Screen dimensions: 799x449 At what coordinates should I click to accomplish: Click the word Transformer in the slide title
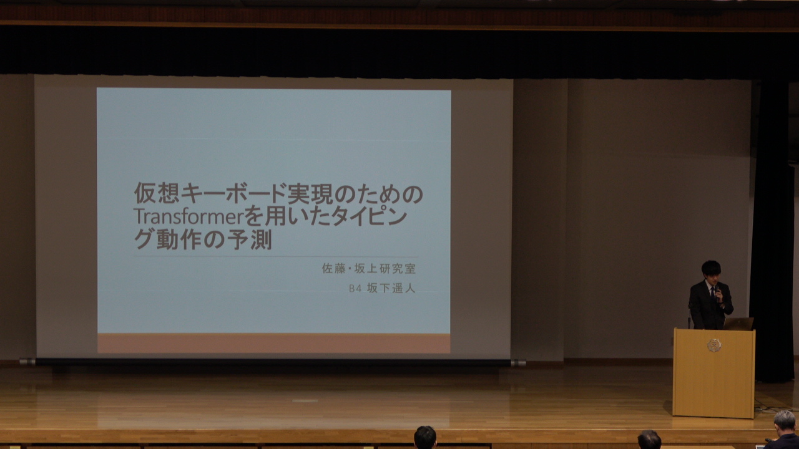pos(189,216)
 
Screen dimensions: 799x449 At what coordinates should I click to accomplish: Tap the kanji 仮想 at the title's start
pos(157,193)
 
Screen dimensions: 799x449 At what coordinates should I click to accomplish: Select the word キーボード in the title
pos(234,193)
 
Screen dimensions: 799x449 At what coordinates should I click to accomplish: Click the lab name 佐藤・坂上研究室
pos(369,268)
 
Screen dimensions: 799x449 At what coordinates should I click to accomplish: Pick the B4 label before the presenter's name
pos(355,288)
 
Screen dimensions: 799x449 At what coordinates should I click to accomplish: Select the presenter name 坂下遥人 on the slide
pos(391,288)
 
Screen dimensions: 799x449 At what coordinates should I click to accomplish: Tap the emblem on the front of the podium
pos(714,345)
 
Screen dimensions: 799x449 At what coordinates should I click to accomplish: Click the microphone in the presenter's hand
pos(717,292)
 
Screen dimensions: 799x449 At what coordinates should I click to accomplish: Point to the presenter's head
pos(711,272)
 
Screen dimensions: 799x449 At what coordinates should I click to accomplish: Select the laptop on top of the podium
pos(738,324)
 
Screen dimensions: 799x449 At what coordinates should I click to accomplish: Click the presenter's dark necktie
pos(713,294)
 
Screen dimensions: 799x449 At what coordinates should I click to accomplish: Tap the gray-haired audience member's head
pos(785,422)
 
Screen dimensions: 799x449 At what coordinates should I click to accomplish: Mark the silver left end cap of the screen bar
pos(27,362)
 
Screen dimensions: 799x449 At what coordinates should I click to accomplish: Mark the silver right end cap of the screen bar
pos(518,363)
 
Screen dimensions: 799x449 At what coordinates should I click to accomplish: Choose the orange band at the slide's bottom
pos(273,343)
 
